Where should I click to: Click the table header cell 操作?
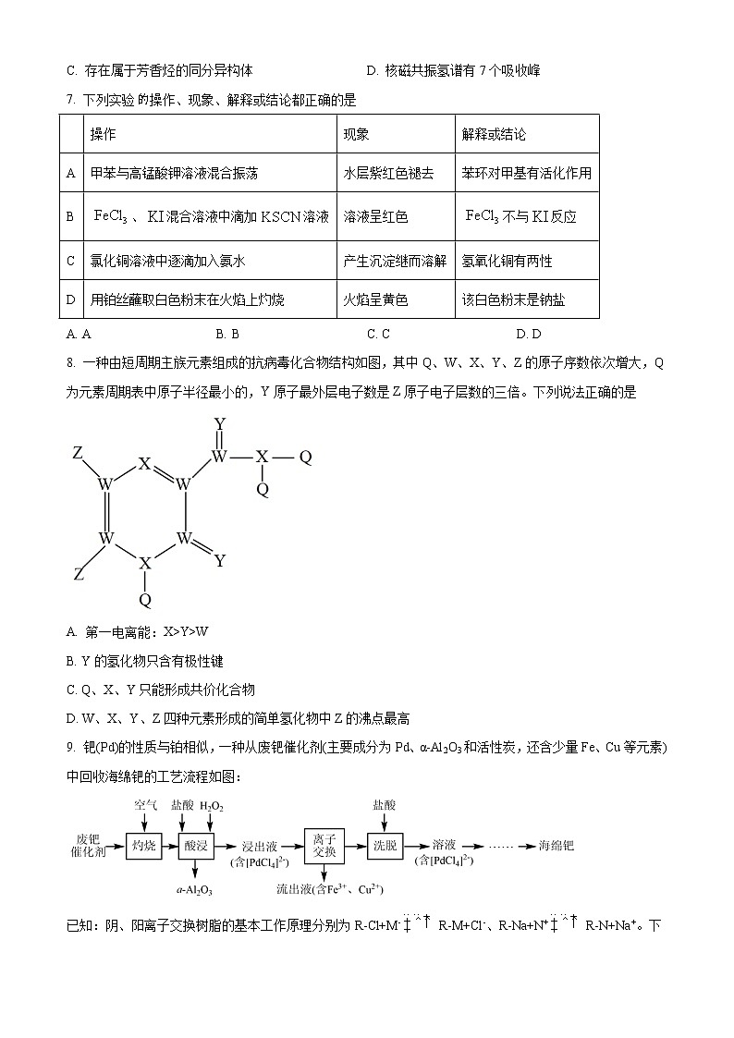[x=104, y=134]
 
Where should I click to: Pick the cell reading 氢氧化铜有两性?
[x=507, y=262]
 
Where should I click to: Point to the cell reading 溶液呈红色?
[x=375, y=217]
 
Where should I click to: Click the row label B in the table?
[x=70, y=217]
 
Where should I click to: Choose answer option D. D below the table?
[x=529, y=335]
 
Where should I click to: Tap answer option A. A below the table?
[x=79, y=335]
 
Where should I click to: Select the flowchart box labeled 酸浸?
[x=197, y=845]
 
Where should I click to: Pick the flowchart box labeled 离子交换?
[x=324, y=845]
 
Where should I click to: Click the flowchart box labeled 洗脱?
[x=385, y=845]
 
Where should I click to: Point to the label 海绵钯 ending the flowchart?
[x=557, y=845]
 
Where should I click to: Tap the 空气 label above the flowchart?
[x=145, y=805]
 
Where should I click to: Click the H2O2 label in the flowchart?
[x=211, y=806]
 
